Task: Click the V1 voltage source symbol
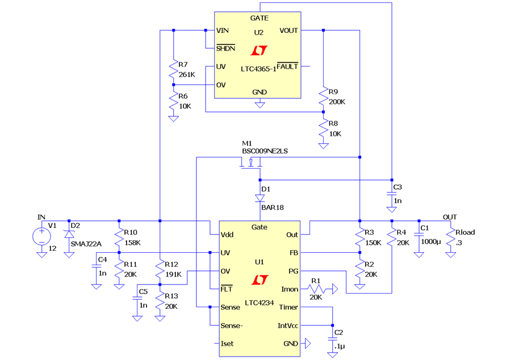click(41, 236)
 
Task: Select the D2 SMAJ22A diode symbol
click(69, 234)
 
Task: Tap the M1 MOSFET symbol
click(250, 163)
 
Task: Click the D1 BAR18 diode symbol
click(259, 198)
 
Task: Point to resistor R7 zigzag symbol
click(173, 69)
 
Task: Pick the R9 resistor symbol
click(323, 96)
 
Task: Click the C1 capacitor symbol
click(419, 235)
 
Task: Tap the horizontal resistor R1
click(316, 289)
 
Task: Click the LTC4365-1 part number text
click(258, 69)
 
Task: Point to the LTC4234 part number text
click(259, 303)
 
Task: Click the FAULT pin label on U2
click(287, 66)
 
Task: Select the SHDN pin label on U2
click(225, 48)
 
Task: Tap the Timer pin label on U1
click(288, 307)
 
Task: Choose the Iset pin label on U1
click(227, 344)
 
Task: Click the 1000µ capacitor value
click(431, 242)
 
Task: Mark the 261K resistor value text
click(187, 74)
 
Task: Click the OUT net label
click(450, 217)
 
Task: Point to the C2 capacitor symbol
click(332, 339)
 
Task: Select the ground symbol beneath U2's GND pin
click(259, 105)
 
